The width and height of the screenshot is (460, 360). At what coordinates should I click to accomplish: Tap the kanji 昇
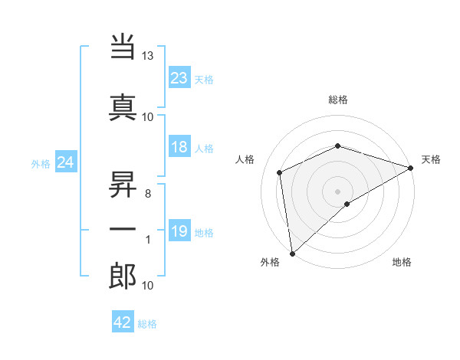123,184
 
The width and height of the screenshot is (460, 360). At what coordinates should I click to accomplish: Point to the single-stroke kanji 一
123,229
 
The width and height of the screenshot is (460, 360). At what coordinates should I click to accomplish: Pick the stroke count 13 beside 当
148,57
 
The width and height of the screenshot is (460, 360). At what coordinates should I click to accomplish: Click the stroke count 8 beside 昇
148,194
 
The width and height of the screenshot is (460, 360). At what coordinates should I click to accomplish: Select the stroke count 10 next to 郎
148,286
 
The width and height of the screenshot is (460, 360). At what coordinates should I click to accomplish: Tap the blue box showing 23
179,77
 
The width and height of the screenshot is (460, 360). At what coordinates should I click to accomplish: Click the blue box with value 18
179,147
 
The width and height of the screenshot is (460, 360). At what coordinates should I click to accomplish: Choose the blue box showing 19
179,231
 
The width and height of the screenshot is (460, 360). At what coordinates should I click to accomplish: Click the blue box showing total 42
123,322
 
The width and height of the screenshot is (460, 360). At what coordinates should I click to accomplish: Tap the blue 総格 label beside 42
147,324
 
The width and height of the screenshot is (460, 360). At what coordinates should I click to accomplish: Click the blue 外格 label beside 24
41,163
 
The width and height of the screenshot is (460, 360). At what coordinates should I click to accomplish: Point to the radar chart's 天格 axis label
431,159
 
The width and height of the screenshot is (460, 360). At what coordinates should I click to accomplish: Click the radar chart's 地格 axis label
402,263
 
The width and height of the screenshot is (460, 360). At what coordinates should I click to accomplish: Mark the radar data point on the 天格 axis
411,168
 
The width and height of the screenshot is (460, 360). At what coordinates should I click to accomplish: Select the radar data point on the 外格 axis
291,254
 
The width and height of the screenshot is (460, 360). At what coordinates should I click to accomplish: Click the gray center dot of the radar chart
337,191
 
